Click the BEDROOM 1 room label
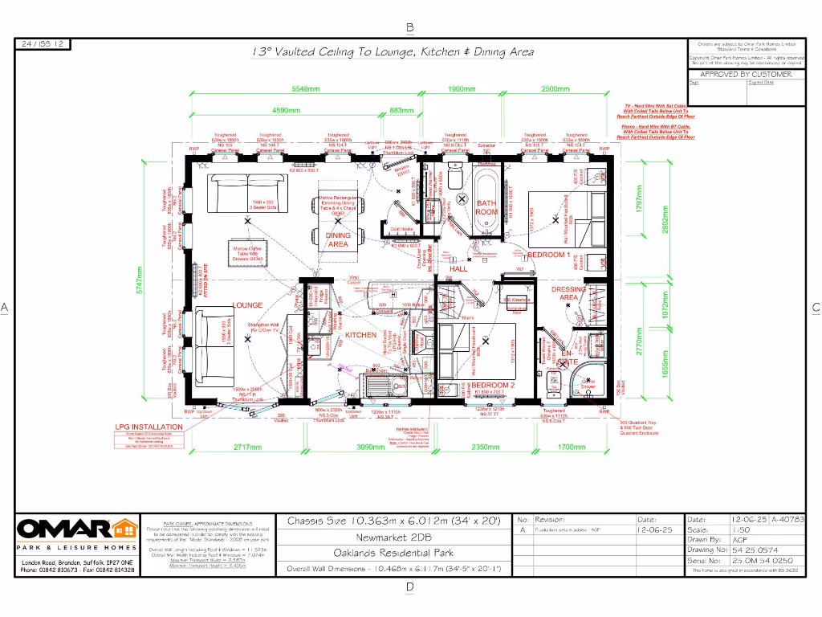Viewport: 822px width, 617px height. pyautogui.click(x=548, y=255)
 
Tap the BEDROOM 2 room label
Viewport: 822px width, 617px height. pyautogui.click(x=491, y=386)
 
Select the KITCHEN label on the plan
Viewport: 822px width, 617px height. pyautogui.click(x=360, y=334)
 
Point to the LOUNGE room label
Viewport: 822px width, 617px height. pyautogui.click(x=248, y=306)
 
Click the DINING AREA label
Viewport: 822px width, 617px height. pyautogui.click(x=338, y=240)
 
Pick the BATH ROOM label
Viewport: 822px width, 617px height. pyautogui.click(x=487, y=208)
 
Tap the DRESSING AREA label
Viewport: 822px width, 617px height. pyautogui.click(x=568, y=293)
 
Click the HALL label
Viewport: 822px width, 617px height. pyautogui.click(x=458, y=269)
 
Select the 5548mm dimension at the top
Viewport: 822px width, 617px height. pyautogui.click(x=305, y=89)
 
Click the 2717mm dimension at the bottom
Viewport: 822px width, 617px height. pyautogui.click(x=247, y=447)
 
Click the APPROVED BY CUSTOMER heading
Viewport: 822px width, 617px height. pyautogui.click(x=746, y=74)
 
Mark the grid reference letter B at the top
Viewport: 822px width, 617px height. pyautogui.click(x=410, y=27)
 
